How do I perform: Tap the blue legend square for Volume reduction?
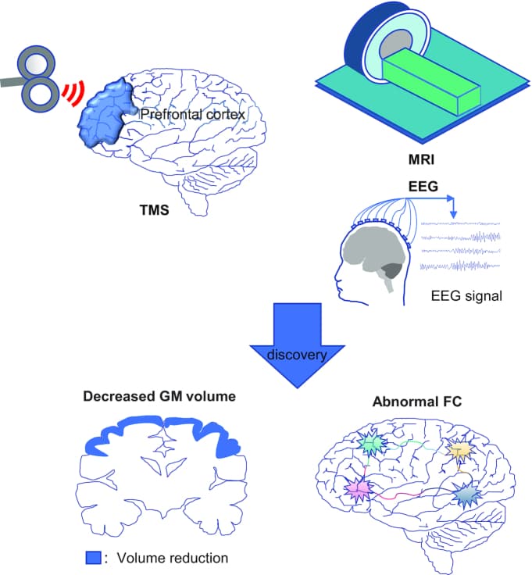[x=93, y=559]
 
